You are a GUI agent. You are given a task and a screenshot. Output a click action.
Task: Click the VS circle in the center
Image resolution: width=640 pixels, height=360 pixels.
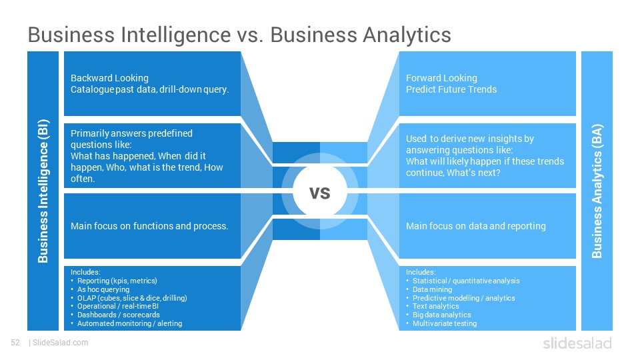320,191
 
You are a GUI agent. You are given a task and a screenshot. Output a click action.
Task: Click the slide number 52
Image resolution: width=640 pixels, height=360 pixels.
15,343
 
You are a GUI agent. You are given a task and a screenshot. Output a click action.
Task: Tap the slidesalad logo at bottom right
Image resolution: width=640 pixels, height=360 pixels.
577,343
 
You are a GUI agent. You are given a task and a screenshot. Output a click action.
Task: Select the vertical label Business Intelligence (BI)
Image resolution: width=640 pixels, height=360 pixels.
43,191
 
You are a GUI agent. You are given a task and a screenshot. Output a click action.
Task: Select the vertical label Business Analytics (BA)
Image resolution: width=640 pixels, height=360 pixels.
597,191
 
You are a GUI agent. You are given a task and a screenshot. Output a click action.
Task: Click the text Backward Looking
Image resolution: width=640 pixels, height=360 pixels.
109,78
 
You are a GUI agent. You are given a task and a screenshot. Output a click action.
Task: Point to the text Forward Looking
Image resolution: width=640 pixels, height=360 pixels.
441,78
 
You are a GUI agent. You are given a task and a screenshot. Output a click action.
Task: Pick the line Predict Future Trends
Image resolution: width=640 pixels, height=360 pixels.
451,89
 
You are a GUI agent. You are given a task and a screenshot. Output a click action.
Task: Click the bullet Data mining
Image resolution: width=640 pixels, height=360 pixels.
432,289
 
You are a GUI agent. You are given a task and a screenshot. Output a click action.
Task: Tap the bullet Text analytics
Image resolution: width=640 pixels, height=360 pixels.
435,306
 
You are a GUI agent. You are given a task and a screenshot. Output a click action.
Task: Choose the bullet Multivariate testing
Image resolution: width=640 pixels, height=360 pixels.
445,323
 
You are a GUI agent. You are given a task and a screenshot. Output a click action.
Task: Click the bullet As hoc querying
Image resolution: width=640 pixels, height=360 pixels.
103,289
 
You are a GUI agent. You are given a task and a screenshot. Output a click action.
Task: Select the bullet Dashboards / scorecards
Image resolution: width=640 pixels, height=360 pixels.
119,315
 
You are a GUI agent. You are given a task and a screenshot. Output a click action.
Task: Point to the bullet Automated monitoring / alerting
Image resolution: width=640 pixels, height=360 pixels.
130,323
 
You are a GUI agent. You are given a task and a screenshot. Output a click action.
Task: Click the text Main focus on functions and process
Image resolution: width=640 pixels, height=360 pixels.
149,226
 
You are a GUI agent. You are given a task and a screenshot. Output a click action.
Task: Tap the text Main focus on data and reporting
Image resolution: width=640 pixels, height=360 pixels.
475,226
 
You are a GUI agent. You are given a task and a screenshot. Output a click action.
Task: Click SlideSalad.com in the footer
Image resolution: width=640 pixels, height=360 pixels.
61,343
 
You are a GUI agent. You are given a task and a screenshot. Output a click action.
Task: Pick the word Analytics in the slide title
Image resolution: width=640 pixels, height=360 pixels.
407,35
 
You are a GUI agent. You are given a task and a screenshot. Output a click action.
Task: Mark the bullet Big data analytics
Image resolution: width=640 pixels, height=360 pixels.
441,315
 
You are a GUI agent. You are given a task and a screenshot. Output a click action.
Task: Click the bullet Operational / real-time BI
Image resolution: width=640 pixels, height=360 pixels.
118,306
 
